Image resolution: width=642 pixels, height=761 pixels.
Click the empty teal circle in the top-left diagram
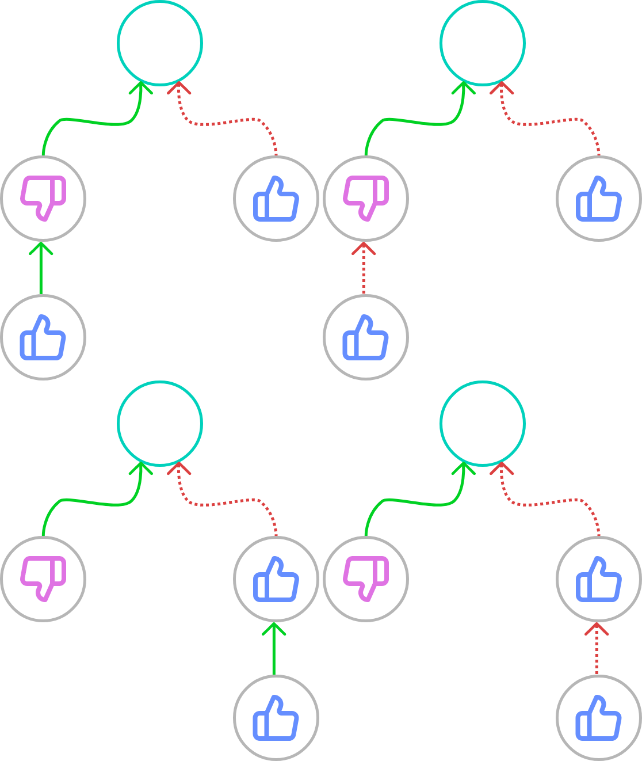pyautogui.click(x=160, y=43)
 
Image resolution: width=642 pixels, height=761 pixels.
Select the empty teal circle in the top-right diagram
pyautogui.click(x=483, y=43)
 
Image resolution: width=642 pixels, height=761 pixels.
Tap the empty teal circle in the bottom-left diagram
pyautogui.click(x=160, y=423)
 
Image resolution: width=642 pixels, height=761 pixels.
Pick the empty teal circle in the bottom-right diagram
pyautogui.click(x=483, y=423)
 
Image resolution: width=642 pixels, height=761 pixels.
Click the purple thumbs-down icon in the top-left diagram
pyautogui.click(x=43, y=198)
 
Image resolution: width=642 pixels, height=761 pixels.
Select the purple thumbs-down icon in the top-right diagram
pyautogui.click(x=366, y=198)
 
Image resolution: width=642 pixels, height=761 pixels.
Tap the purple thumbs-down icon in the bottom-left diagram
pyautogui.click(x=43, y=579)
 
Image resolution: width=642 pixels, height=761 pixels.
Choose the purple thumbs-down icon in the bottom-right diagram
pyautogui.click(x=366, y=579)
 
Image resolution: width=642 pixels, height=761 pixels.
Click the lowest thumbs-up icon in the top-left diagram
pyautogui.click(x=43, y=337)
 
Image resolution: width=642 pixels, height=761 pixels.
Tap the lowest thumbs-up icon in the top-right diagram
pyautogui.click(x=366, y=337)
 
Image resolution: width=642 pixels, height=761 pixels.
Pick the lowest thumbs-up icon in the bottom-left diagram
pyautogui.click(x=276, y=718)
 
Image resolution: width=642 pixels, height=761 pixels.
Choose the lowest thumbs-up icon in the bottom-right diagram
pyautogui.click(x=599, y=718)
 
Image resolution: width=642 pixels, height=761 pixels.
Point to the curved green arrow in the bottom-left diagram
pyautogui.click(x=92, y=502)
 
